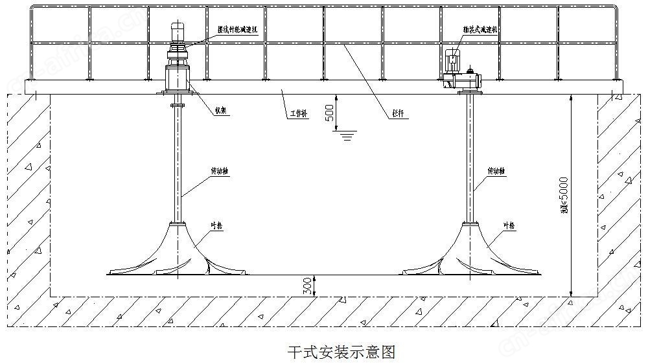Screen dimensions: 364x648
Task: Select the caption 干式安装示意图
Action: point(341,352)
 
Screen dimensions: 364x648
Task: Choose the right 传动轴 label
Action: point(496,172)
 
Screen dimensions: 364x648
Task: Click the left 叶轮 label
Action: point(218,225)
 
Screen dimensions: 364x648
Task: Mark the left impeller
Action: point(177,256)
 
